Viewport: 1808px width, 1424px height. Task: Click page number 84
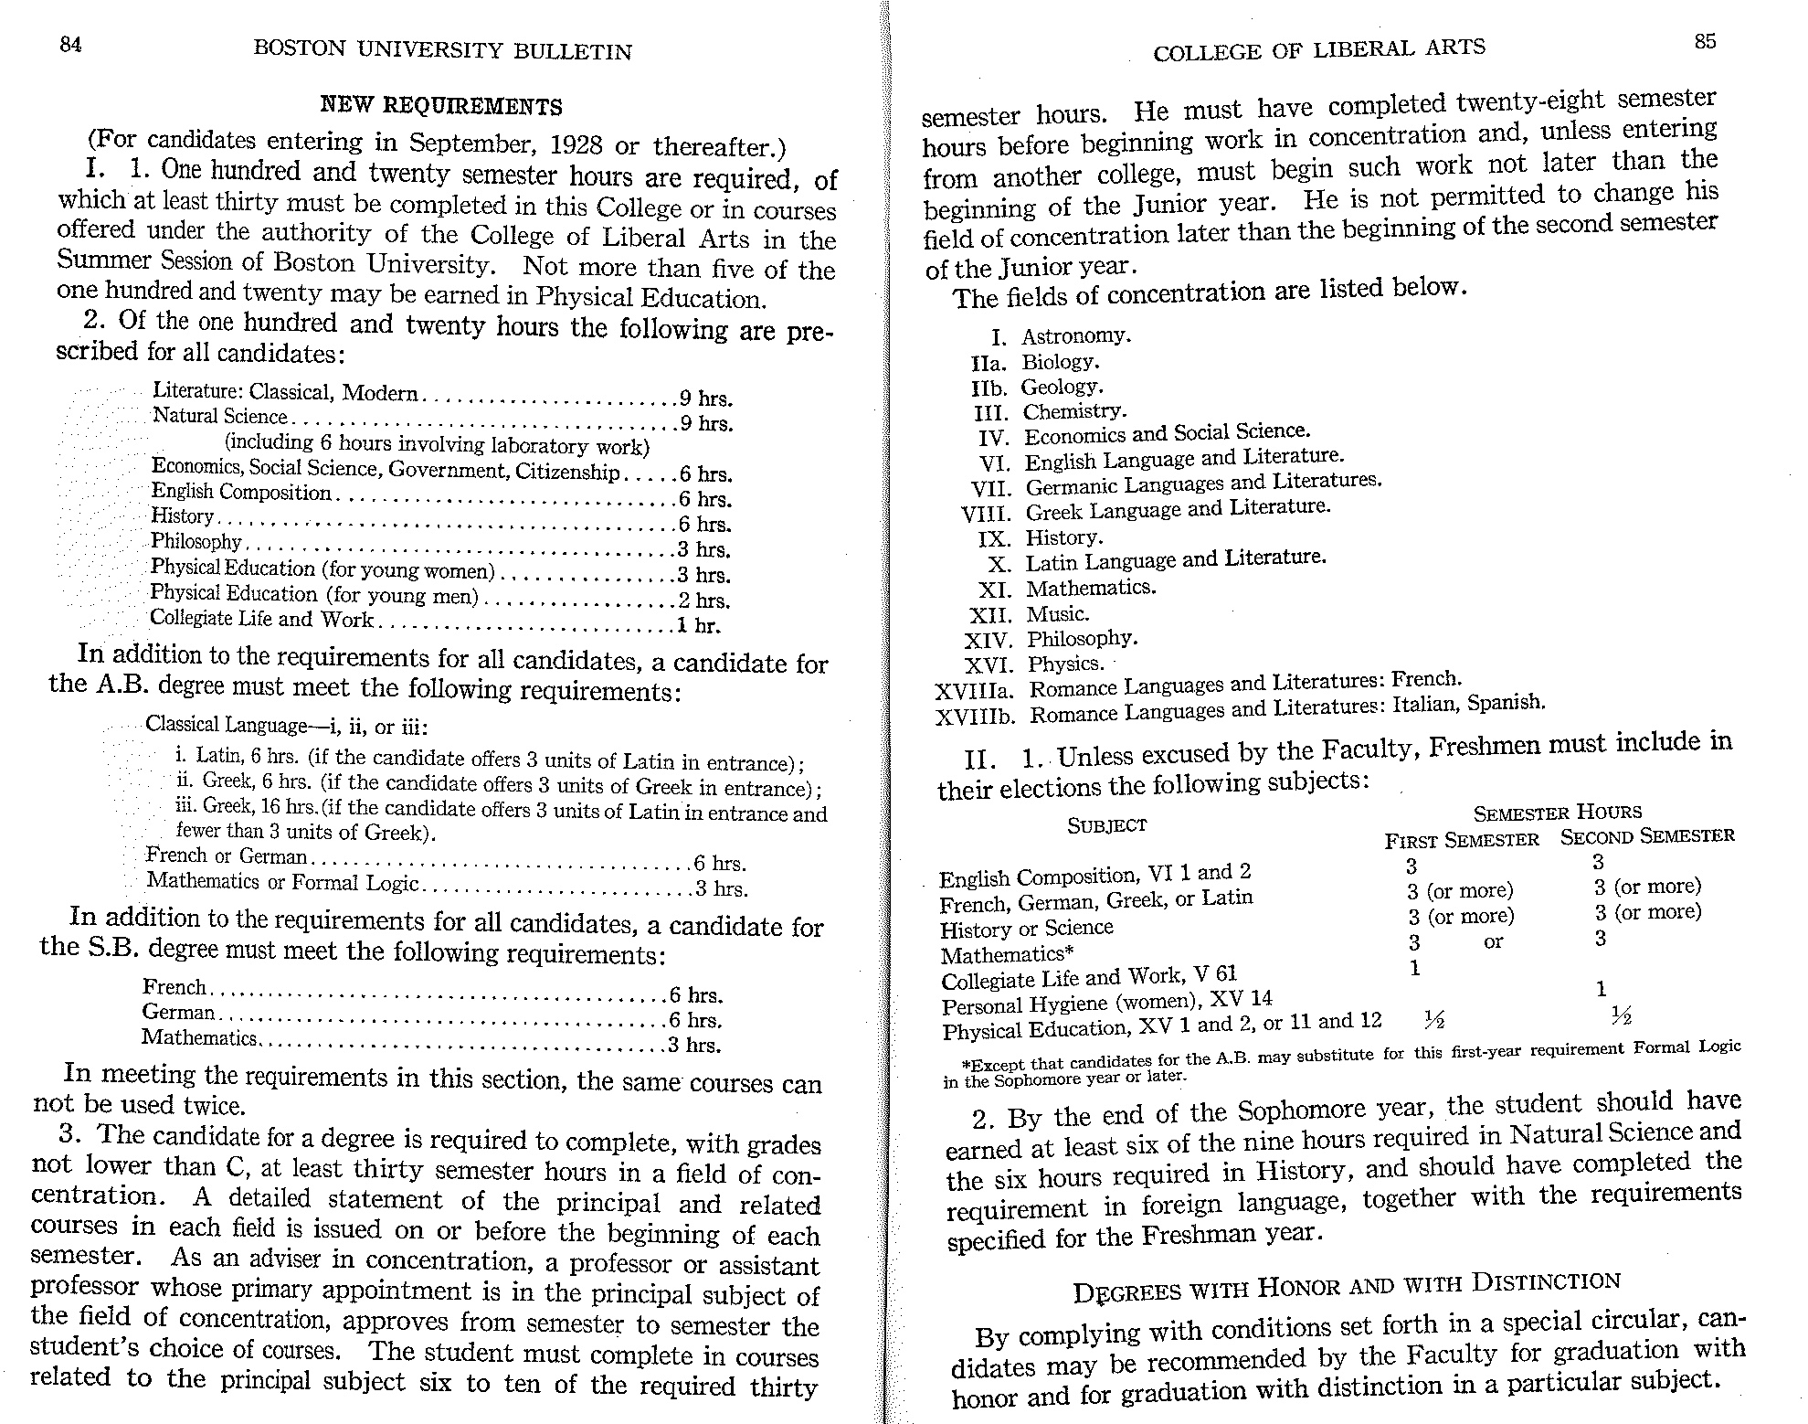click(70, 44)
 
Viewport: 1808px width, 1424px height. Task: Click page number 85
click(1705, 41)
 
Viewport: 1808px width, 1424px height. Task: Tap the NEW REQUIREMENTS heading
click(441, 106)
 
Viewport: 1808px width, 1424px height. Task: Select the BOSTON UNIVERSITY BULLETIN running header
click(442, 51)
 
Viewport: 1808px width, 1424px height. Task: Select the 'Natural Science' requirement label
click(219, 417)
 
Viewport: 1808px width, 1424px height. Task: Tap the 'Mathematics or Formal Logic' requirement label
click(282, 883)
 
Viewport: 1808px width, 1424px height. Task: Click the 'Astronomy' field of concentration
click(1075, 336)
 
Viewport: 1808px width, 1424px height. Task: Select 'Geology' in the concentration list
click(1062, 387)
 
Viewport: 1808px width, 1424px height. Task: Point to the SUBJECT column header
click(1106, 825)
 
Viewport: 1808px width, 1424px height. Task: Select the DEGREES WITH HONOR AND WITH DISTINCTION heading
click(1346, 1287)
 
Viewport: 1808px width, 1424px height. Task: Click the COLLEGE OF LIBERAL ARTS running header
click(1318, 50)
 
